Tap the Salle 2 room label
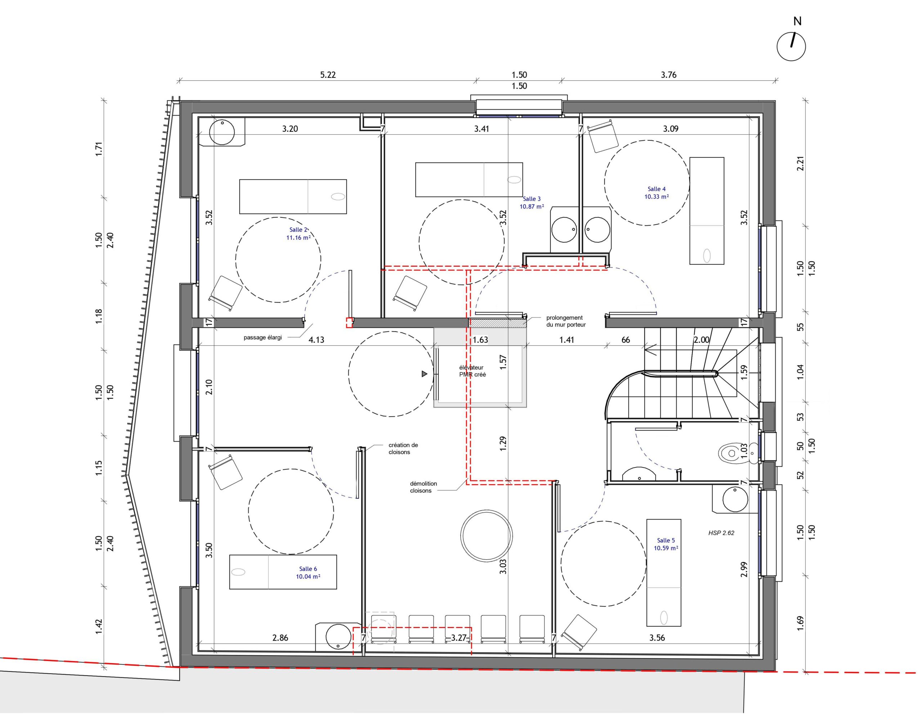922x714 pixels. click(x=299, y=230)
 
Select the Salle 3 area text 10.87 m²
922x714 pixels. click(x=532, y=207)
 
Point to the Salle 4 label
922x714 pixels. click(x=657, y=189)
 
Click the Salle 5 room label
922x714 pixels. click(x=666, y=540)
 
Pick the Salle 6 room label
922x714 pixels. click(x=308, y=569)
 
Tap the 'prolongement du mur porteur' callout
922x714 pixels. click(x=566, y=321)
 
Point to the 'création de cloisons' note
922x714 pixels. click(x=403, y=448)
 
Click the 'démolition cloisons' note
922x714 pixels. click(x=423, y=487)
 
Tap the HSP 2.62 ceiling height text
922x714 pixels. click(x=721, y=533)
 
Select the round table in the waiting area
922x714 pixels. click(x=486, y=535)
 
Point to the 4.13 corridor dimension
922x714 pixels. click(x=316, y=340)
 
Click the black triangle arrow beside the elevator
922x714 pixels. click(x=425, y=374)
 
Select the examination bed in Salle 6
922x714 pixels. click(x=283, y=572)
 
